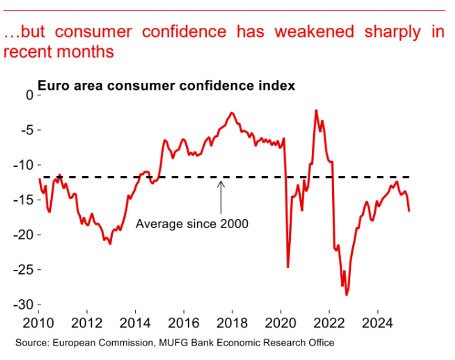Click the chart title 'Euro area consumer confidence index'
point(166,86)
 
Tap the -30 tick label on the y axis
point(23,305)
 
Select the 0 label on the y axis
point(29,95)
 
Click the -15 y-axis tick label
point(23,200)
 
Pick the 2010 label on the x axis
point(38,323)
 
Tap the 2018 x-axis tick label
point(232,323)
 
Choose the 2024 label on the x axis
point(377,323)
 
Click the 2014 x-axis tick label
point(135,323)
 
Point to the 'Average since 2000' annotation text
point(192,224)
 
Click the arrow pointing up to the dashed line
point(221,197)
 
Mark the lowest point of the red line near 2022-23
point(346,295)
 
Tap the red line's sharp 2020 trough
point(288,267)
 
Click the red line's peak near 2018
point(232,113)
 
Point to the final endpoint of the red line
point(409,211)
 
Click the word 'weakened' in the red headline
point(314,32)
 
